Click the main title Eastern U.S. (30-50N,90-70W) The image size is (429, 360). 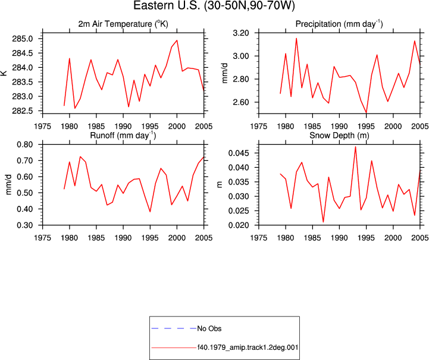coord(214,5)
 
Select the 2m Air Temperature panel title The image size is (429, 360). coord(123,24)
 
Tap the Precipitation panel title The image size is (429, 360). coord(339,24)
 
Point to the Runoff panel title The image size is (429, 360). coord(123,136)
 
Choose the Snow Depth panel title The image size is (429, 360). coord(339,136)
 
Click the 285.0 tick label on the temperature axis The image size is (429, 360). coord(23,39)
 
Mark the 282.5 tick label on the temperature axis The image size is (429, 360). coord(23,111)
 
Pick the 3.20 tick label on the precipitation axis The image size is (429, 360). coord(241,33)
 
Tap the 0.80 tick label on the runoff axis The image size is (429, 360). coord(25,145)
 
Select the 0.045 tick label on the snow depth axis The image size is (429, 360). coord(239,153)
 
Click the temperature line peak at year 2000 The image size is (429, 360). coord(177,40)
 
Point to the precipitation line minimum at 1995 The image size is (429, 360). coord(366,112)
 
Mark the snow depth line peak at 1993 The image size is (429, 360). coord(355,146)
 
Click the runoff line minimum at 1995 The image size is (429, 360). coord(150,211)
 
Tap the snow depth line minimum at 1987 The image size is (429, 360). coord(323,222)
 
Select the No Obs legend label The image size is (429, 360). coord(209,328)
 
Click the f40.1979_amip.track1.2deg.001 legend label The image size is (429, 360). coord(248,348)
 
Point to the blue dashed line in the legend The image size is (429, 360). coord(174,328)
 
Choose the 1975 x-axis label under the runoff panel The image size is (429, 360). coord(42,238)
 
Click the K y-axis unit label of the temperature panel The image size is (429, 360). coord(4,73)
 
